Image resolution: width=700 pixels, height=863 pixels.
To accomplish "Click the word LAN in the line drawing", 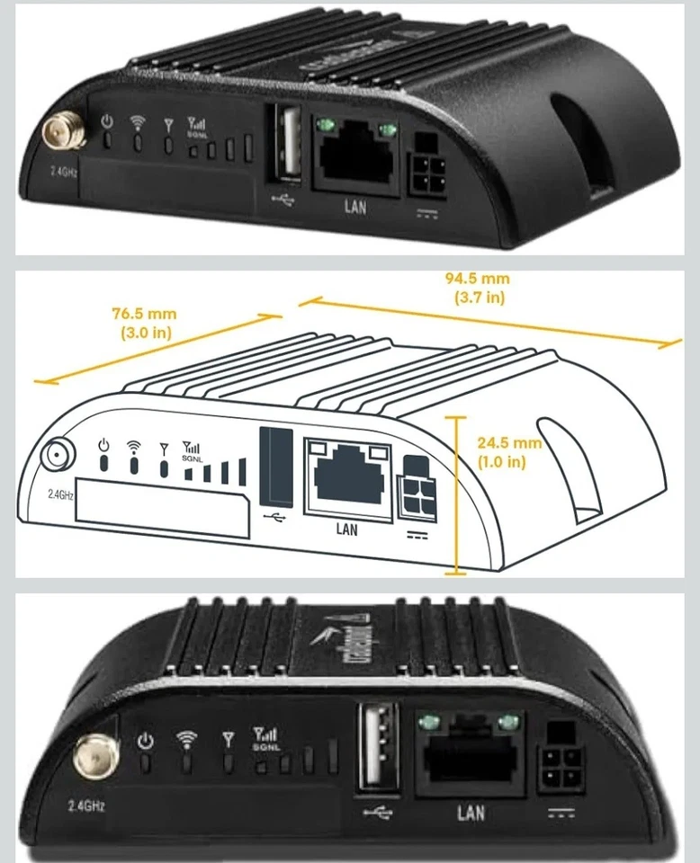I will (346, 529).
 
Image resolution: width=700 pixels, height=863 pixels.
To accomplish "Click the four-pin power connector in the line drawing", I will (417, 486).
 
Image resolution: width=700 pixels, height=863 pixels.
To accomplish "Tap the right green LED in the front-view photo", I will (511, 721).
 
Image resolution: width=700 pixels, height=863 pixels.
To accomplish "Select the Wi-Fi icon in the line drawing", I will (134, 445).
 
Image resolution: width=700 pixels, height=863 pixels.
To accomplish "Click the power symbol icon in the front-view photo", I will (148, 741).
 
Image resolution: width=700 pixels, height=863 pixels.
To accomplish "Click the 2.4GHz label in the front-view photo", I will (86, 805).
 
